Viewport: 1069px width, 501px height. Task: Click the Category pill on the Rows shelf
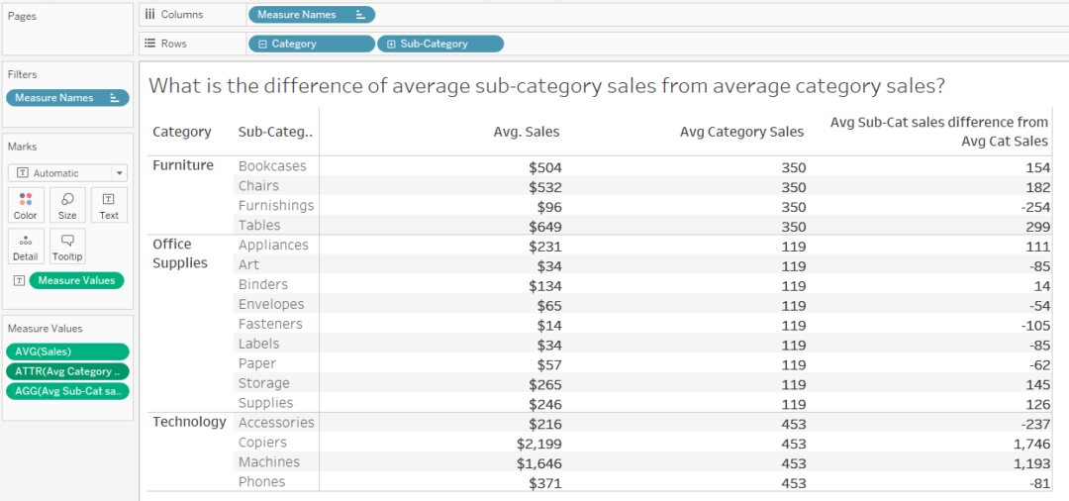[311, 44]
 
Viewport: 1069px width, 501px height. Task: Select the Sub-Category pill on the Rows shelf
[440, 44]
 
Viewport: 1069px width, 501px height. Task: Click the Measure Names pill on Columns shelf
[311, 15]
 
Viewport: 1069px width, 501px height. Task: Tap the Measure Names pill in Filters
[66, 97]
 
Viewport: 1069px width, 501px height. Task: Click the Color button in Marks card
[26, 205]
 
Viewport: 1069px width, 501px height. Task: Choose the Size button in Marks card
[67, 205]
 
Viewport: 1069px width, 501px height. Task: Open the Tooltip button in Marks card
[67, 247]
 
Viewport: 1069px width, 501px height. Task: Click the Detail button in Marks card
[26, 247]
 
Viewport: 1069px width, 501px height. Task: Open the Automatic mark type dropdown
[67, 172]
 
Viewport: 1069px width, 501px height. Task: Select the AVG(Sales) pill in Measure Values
[66, 351]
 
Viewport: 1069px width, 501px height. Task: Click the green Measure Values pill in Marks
[76, 280]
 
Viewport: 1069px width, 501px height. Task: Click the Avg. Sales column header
[527, 132]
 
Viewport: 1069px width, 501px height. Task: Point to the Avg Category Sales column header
[742, 132]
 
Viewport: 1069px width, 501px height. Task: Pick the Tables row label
[258, 225]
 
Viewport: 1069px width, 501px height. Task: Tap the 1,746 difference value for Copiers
[1024, 443]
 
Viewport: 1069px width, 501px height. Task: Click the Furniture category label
[183, 165]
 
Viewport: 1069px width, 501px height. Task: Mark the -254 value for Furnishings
[1030, 205]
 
